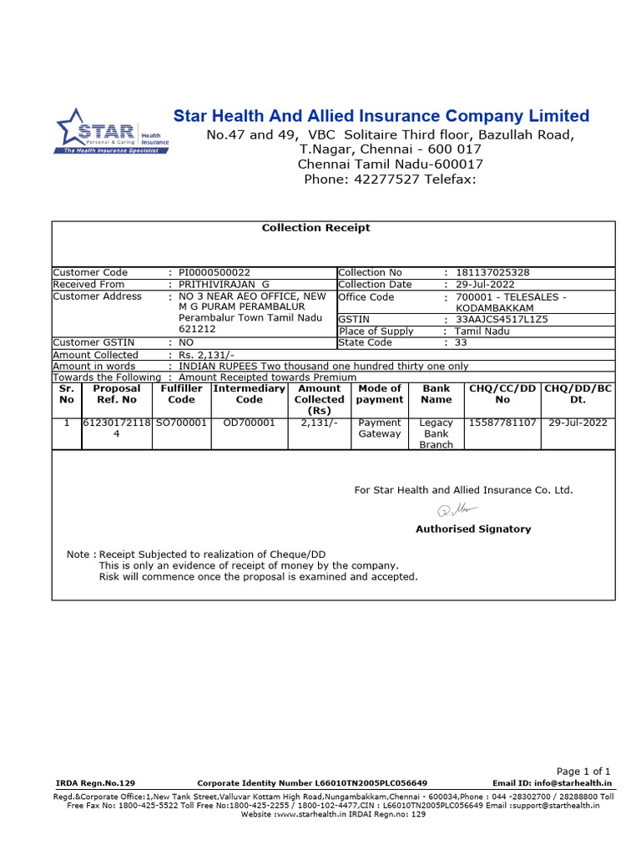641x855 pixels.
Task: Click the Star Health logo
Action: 112,132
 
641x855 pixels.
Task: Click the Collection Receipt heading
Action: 315,228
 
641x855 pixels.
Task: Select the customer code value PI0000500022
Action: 215,272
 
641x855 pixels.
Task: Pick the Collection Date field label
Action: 375,285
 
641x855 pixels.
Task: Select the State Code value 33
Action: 462,342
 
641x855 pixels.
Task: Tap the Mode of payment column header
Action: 379,394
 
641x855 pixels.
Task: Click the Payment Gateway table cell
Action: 379,428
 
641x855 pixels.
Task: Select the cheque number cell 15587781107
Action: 502,423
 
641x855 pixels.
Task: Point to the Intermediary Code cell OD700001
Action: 249,423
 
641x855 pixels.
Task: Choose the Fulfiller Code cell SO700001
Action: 181,423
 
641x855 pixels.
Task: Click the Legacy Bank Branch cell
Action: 436,434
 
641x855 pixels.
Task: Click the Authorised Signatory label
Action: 472,529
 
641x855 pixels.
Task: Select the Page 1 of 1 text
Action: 583,772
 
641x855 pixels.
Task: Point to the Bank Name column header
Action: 436,394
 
